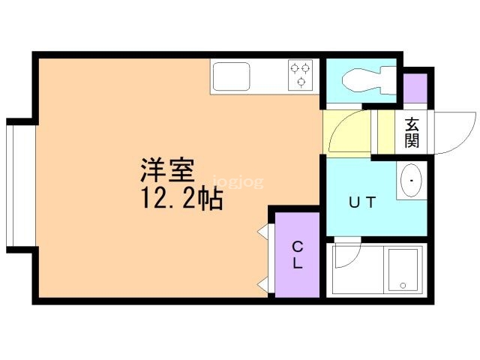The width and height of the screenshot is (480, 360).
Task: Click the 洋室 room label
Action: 166,170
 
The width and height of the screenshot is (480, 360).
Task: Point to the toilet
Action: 363,78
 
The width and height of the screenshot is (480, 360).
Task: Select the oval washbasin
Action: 411,181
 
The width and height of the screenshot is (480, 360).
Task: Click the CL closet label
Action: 297,255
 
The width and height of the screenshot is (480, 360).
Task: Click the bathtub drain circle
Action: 403,285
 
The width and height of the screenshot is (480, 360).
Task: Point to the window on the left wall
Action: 10,184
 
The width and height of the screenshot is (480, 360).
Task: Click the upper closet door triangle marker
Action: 263,232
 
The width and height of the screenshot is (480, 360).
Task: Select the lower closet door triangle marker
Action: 263,283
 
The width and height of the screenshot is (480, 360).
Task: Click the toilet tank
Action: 388,78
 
